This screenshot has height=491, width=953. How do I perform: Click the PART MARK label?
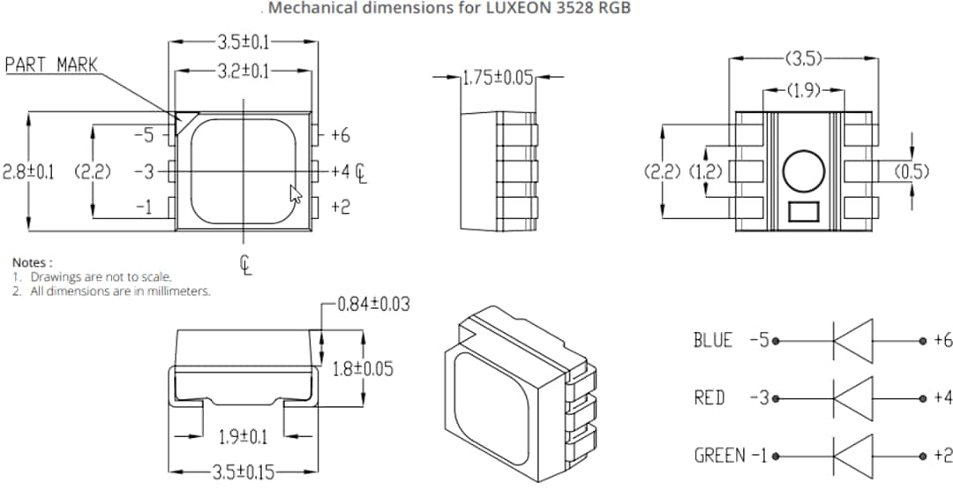click(51, 64)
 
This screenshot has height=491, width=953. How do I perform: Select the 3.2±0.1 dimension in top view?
click(244, 71)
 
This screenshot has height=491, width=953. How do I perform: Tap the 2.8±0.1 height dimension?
click(28, 171)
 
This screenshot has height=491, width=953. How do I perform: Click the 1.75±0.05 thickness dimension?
click(499, 78)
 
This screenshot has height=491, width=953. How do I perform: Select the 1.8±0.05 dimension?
click(363, 368)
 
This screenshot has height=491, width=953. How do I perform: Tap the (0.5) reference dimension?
click(912, 171)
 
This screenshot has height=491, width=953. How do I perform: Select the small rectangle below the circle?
click(803, 212)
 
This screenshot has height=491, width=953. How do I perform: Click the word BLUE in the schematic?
click(713, 340)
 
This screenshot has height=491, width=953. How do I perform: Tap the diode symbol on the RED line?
click(852, 397)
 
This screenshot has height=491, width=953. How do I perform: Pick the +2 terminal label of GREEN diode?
click(942, 456)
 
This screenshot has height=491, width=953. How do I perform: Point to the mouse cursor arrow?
click(295, 193)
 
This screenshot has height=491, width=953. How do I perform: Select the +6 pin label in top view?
click(341, 135)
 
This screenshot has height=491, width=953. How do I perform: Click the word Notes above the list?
click(32, 262)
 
